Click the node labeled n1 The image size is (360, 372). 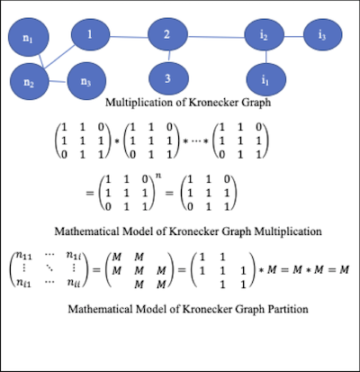pyautogui.click(x=28, y=38)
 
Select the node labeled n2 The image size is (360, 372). pyautogui.click(x=29, y=82)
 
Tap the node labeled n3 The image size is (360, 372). pyautogui.click(x=86, y=81)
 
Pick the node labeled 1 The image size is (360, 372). pyautogui.click(x=90, y=34)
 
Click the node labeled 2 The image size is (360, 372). pyautogui.click(x=167, y=34)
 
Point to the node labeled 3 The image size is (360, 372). pyautogui.click(x=168, y=78)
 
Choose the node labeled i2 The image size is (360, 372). pyautogui.click(x=264, y=34)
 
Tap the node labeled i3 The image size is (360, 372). pyautogui.click(x=322, y=34)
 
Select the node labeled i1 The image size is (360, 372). pyautogui.click(x=265, y=79)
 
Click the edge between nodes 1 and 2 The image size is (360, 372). pyautogui.click(x=129, y=37)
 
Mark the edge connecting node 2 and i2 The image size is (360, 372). pyautogui.click(x=216, y=37)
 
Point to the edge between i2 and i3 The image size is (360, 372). pyautogui.click(x=293, y=37)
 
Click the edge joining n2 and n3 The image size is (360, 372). pyautogui.click(x=58, y=81)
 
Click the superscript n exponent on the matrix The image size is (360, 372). pyautogui.click(x=158, y=176)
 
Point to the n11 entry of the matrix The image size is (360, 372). pyautogui.click(x=23, y=256)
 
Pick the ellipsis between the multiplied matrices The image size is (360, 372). pyautogui.click(x=195, y=141)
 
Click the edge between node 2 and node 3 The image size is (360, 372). pyautogui.click(x=169, y=56)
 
